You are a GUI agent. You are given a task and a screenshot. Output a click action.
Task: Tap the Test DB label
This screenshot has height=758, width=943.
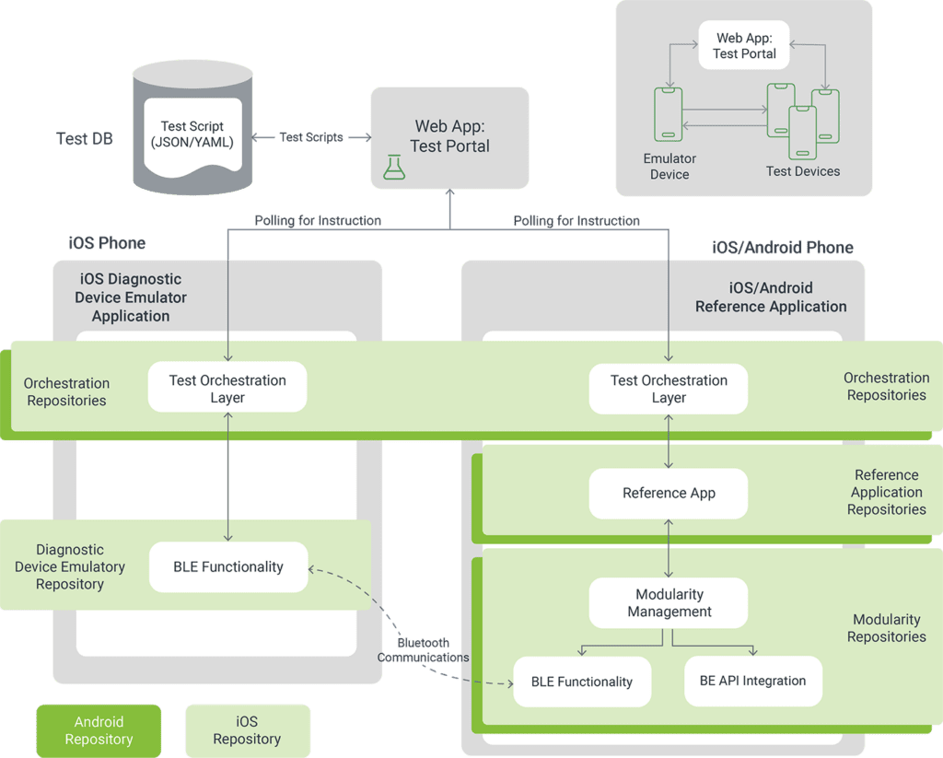85,139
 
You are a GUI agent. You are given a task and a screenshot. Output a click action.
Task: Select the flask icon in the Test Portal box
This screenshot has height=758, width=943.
394,167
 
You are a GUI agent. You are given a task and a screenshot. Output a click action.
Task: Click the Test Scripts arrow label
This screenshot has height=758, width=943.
311,137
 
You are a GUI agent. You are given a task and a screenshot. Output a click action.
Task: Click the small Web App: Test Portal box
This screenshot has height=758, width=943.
744,46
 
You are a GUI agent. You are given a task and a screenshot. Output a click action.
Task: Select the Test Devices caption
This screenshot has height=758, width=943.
803,171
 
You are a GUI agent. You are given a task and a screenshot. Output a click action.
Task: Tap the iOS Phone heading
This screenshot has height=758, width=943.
107,243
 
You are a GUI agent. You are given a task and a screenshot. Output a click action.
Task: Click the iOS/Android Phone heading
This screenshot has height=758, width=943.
782,247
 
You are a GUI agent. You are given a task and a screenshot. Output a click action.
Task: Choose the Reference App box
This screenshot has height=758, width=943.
669,493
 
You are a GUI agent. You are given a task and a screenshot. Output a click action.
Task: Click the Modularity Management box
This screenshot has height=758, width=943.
669,603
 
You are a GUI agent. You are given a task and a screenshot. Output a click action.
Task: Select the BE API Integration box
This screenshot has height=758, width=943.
752,681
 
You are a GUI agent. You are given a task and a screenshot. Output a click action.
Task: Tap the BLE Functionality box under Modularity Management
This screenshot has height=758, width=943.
582,682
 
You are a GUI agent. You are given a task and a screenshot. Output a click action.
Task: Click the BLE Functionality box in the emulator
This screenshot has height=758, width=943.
228,567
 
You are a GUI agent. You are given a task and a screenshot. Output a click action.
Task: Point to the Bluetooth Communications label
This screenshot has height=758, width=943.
423,650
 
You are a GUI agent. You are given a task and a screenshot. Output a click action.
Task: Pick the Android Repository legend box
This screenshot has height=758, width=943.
99,730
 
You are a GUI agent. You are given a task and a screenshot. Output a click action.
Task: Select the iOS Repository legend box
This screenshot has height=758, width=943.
247,730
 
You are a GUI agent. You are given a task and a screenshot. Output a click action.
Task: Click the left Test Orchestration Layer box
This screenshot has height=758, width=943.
227,389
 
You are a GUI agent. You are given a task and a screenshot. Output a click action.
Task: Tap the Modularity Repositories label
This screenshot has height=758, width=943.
886,628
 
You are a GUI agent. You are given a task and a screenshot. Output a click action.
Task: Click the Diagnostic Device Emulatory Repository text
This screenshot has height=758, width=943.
70,566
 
